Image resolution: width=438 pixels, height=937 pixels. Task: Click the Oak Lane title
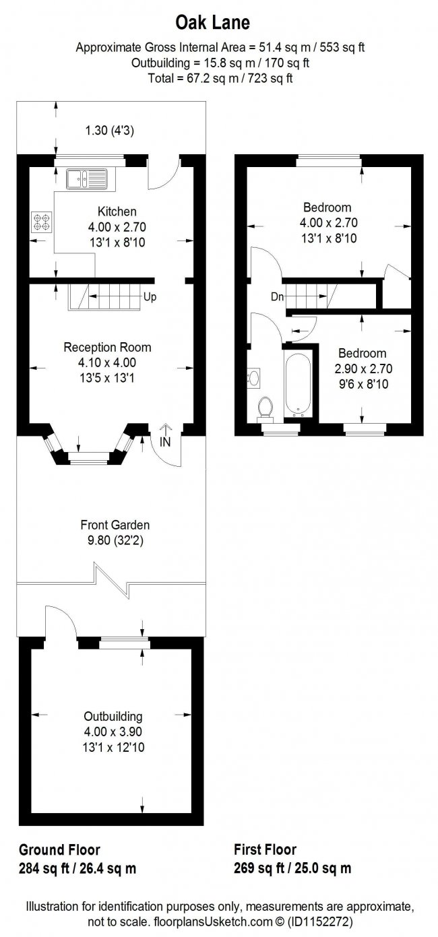[212, 22]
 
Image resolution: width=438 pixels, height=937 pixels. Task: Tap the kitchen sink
[86, 179]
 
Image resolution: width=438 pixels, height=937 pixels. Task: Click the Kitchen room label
[117, 212]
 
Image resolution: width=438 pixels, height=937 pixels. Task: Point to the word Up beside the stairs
[150, 297]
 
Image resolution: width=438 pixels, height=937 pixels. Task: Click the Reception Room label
[107, 347]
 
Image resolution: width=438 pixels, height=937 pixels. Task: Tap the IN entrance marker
[165, 442]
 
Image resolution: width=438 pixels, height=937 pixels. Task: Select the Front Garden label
[115, 525]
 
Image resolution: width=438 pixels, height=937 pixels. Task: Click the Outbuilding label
[113, 717]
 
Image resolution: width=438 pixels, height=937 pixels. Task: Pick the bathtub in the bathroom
[297, 384]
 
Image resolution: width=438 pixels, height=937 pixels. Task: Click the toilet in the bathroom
[265, 408]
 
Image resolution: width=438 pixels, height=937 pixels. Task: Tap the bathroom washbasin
[253, 378]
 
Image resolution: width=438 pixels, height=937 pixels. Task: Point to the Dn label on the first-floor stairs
[278, 297]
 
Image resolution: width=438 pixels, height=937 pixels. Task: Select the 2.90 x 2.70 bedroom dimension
[363, 368]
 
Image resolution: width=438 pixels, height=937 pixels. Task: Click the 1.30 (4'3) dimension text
[110, 131]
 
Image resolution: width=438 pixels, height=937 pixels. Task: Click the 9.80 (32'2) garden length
[115, 541]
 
